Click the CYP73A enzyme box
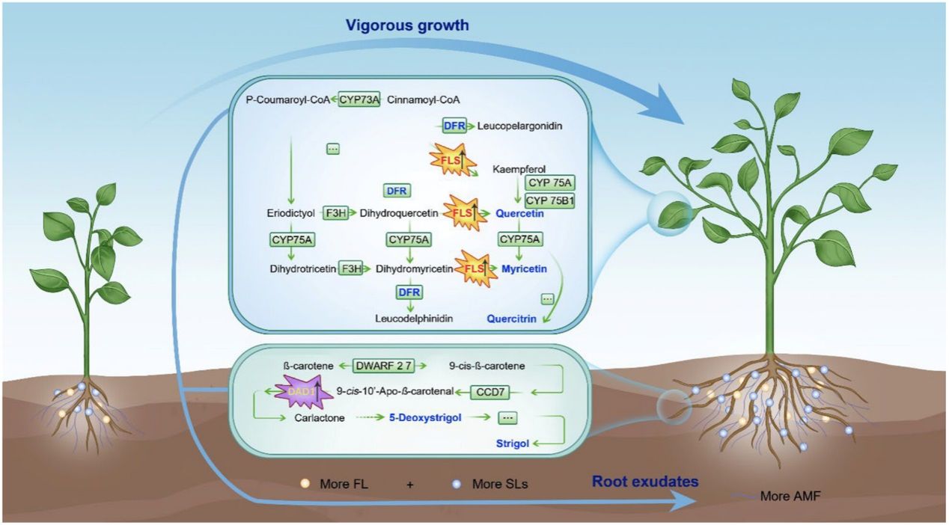click(359, 99)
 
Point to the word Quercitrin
click(511, 319)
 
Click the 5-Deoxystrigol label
click(424, 419)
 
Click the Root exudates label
click(645, 482)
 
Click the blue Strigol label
click(513, 443)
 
